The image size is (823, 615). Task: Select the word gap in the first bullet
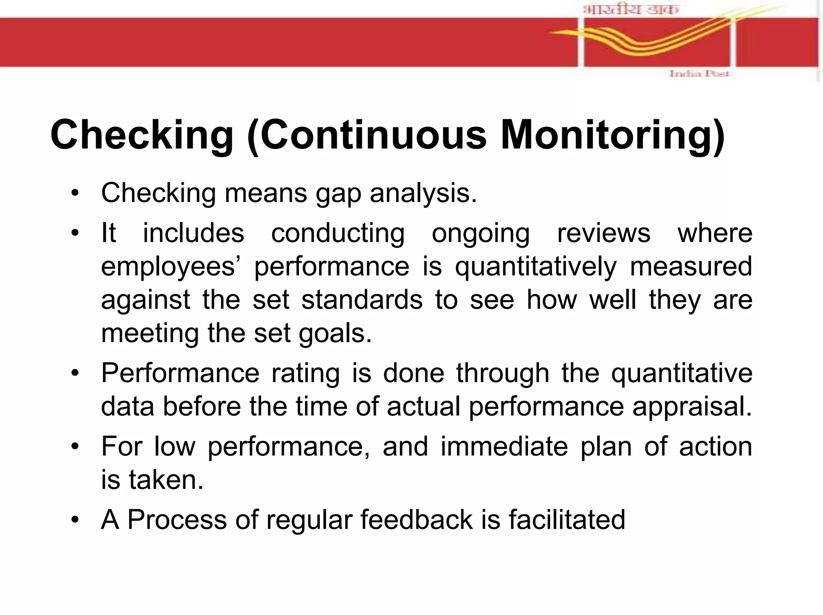[338, 193]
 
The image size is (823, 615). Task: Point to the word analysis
[423, 193]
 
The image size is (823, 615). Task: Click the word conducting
[338, 233]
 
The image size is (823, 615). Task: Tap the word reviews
[604, 233]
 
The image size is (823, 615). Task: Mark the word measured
[691, 266]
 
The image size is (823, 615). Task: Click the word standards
[362, 300]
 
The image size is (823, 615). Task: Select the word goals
[335, 334]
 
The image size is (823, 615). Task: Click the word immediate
[504, 446]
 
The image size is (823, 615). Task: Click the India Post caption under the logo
[699, 74]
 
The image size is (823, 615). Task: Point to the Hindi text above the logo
[631, 9]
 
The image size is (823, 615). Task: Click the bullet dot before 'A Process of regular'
[75, 520]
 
